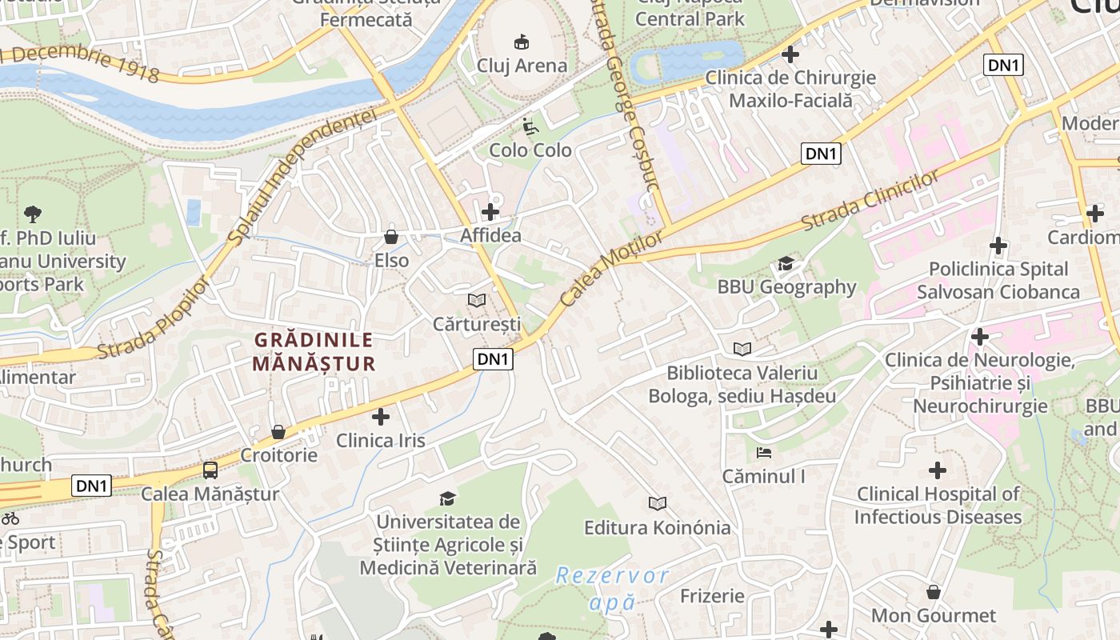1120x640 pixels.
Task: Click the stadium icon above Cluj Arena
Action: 522,40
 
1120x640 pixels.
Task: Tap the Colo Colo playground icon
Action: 530,126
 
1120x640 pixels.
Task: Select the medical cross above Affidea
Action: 490,212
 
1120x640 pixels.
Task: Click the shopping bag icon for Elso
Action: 391,237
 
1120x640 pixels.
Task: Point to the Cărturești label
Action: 477,324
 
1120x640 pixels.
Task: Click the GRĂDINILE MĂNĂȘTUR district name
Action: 314,351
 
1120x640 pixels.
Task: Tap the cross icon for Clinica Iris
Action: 381,417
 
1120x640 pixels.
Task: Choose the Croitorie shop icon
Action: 278,432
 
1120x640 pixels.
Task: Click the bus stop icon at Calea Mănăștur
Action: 210,470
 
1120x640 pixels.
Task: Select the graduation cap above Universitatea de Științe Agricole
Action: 448,499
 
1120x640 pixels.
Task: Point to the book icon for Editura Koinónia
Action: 658,503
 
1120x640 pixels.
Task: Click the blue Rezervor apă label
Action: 612,588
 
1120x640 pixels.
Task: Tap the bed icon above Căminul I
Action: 764,453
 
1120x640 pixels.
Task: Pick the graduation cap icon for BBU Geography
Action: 786,263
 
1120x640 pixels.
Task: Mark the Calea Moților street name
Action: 612,269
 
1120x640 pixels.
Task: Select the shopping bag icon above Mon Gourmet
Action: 934,592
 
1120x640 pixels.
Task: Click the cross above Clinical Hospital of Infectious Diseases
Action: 938,470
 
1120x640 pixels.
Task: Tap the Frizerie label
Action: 712,596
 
